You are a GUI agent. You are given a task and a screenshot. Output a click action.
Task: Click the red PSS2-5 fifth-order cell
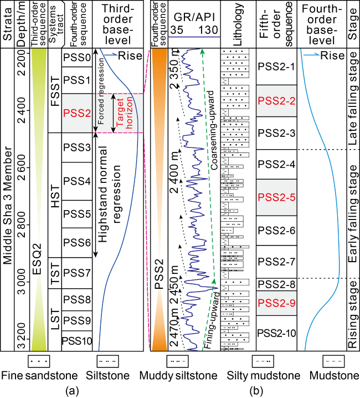coord(276,196)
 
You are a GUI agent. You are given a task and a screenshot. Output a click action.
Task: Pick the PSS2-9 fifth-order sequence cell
coord(276,303)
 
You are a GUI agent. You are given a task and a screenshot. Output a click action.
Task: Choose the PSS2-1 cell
coord(276,67)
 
